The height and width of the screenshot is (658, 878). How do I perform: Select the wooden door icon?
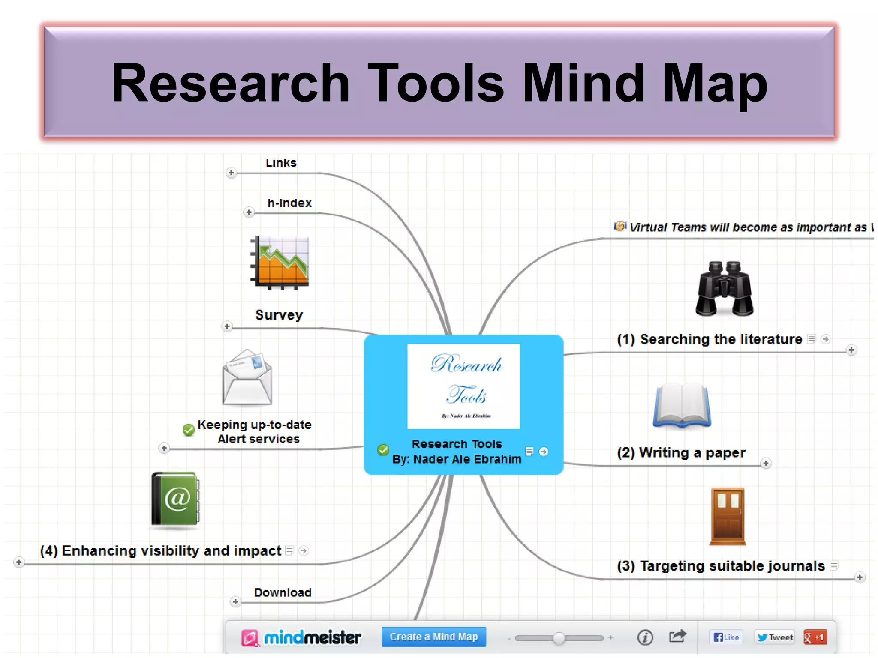(x=728, y=516)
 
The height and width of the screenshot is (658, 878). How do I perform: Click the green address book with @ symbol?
(x=175, y=499)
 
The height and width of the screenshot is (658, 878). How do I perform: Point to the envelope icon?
(x=247, y=377)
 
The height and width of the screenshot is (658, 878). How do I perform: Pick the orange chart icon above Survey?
(x=280, y=262)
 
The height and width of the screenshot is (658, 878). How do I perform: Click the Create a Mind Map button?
(x=433, y=637)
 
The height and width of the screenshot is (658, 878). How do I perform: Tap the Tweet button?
(x=775, y=637)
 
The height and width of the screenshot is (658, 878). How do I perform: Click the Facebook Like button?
(x=726, y=637)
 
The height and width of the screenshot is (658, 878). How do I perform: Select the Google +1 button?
(x=815, y=637)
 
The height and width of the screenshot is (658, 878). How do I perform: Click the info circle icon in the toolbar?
(x=645, y=637)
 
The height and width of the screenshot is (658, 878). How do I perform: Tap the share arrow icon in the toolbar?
(x=677, y=636)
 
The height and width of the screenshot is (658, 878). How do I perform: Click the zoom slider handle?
(x=559, y=638)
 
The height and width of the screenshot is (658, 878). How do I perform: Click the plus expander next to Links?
(x=231, y=173)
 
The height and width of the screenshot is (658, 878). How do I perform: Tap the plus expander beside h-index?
(x=249, y=212)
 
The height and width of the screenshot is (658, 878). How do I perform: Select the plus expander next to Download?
(x=235, y=602)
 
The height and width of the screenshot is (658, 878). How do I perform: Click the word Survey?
(x=279, y=315)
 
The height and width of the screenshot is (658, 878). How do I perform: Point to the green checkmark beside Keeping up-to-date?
(x=189, y=429)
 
